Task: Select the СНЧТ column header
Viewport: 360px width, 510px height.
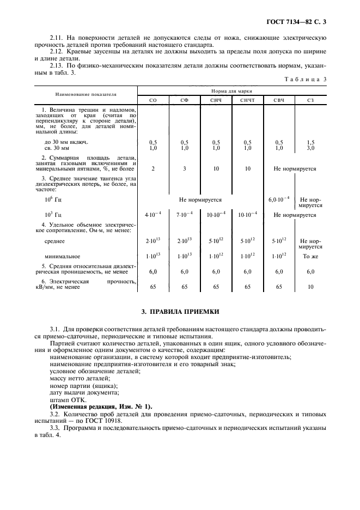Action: click(248, 100)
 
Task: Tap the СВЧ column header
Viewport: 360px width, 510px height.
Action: click(279, 100)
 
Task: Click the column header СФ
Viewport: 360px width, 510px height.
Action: click(185, 100)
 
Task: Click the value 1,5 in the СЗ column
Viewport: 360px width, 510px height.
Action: click(310, 142)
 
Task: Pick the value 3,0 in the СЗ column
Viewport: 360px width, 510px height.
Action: click(310, 148)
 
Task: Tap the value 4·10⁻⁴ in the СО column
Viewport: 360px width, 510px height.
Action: click(153, 215)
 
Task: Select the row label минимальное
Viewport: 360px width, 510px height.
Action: click(62, 256)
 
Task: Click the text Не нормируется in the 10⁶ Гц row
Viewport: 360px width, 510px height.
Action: click(200, 200)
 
